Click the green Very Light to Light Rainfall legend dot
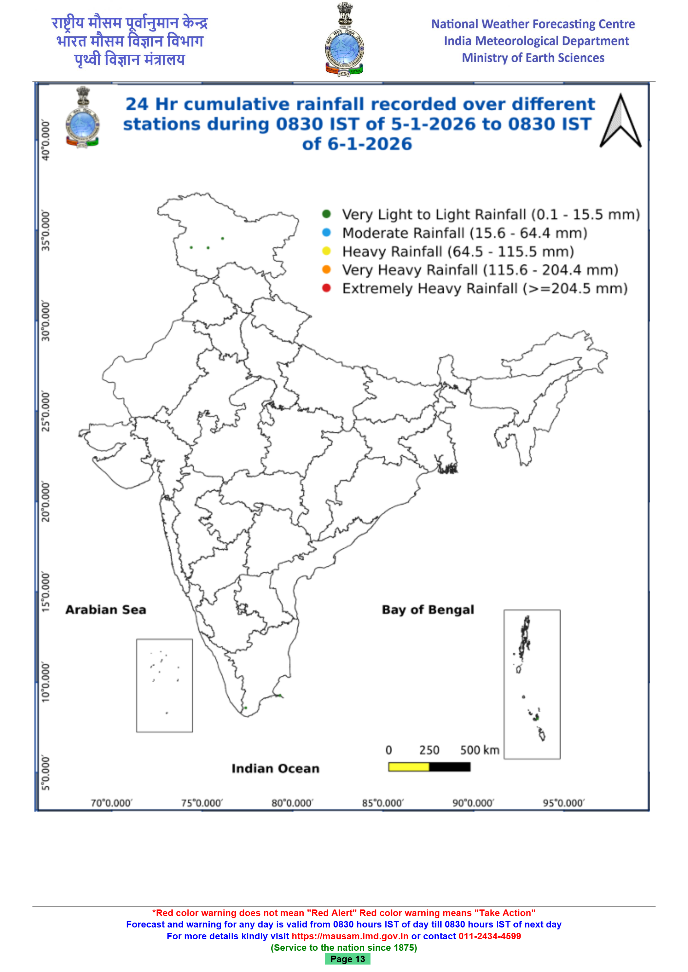pyautogui.click(x=326, y=214)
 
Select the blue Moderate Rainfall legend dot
pyautogui.click(x=326, y=232)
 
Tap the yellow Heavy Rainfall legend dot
pyautogui.click(x=326, y=251)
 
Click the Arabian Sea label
pyautogui.click(x=105, y=610)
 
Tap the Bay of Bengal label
pyautogui.click(x=428, y=610)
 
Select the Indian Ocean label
pyautogui.click(x=276, y=768)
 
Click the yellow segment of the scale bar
pyautogui.click(x=409, y=767)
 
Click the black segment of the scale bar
pyautogui.click(x=449, y=767)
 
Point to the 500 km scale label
pyautogui.click(x=480, y=750)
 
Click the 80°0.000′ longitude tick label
pyautogui.click(x=292, y=803)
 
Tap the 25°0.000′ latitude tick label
pyautogui.click(x=46, y=412)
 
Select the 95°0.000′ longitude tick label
pyautogui.click(x=564, y=803)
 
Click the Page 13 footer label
pyautogui.click(x=347, y=959)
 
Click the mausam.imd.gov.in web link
pyautogui.click(x=350, y=936)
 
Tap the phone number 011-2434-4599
pyautogui.click(x=490, y=936)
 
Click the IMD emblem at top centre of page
pyautogui.click(x=344, y=40)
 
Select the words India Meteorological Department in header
pyautogui.click(x=536, y=41)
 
